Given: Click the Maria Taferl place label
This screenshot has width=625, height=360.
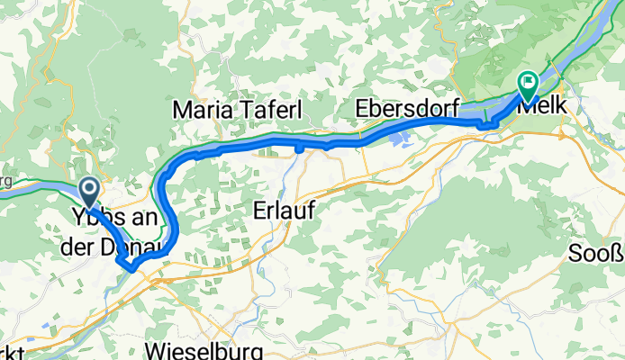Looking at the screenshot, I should [237, 109].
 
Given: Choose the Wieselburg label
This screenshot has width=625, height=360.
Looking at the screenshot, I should [204, 349].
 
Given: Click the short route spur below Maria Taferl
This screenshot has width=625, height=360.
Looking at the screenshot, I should [297, 148].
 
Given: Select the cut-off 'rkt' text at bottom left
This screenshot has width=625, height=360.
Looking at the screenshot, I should [14, 351].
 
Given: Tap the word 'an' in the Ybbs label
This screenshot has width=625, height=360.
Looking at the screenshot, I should [142, 219].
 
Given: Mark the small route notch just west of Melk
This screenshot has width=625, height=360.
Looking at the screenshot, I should [486, 124].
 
